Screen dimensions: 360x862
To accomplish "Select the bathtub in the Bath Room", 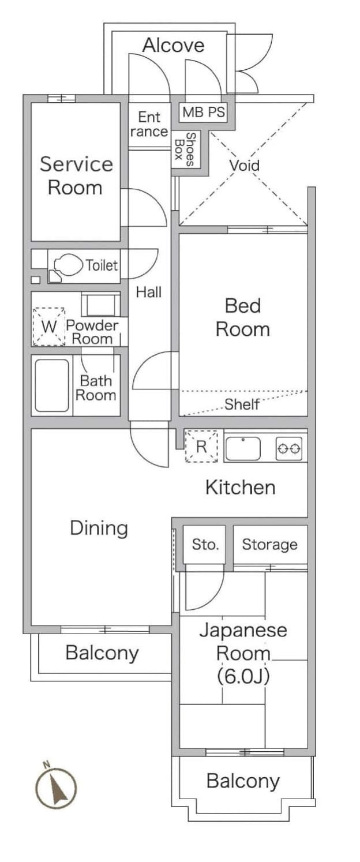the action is point(52,385).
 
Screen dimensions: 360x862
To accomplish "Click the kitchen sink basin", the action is point(243,448).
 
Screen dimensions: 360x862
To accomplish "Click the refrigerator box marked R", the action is point(201,447).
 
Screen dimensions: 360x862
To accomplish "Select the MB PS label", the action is point(203,112).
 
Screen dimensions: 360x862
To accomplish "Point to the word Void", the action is point(245,166).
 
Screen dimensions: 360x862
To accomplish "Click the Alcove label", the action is point(174,45).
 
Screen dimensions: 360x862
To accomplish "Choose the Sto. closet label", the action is point(205,545).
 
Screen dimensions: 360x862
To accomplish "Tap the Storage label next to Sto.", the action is point(269,545).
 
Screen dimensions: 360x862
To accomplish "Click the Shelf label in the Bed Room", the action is point(242,404).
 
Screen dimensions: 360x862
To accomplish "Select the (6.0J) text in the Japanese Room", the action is point(243,676).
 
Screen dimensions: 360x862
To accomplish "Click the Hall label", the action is point(148,293).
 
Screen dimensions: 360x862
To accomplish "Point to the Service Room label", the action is point(76,175).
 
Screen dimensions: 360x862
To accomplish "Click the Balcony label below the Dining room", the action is point(102,653).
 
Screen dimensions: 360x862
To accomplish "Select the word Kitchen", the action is point(241,487).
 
